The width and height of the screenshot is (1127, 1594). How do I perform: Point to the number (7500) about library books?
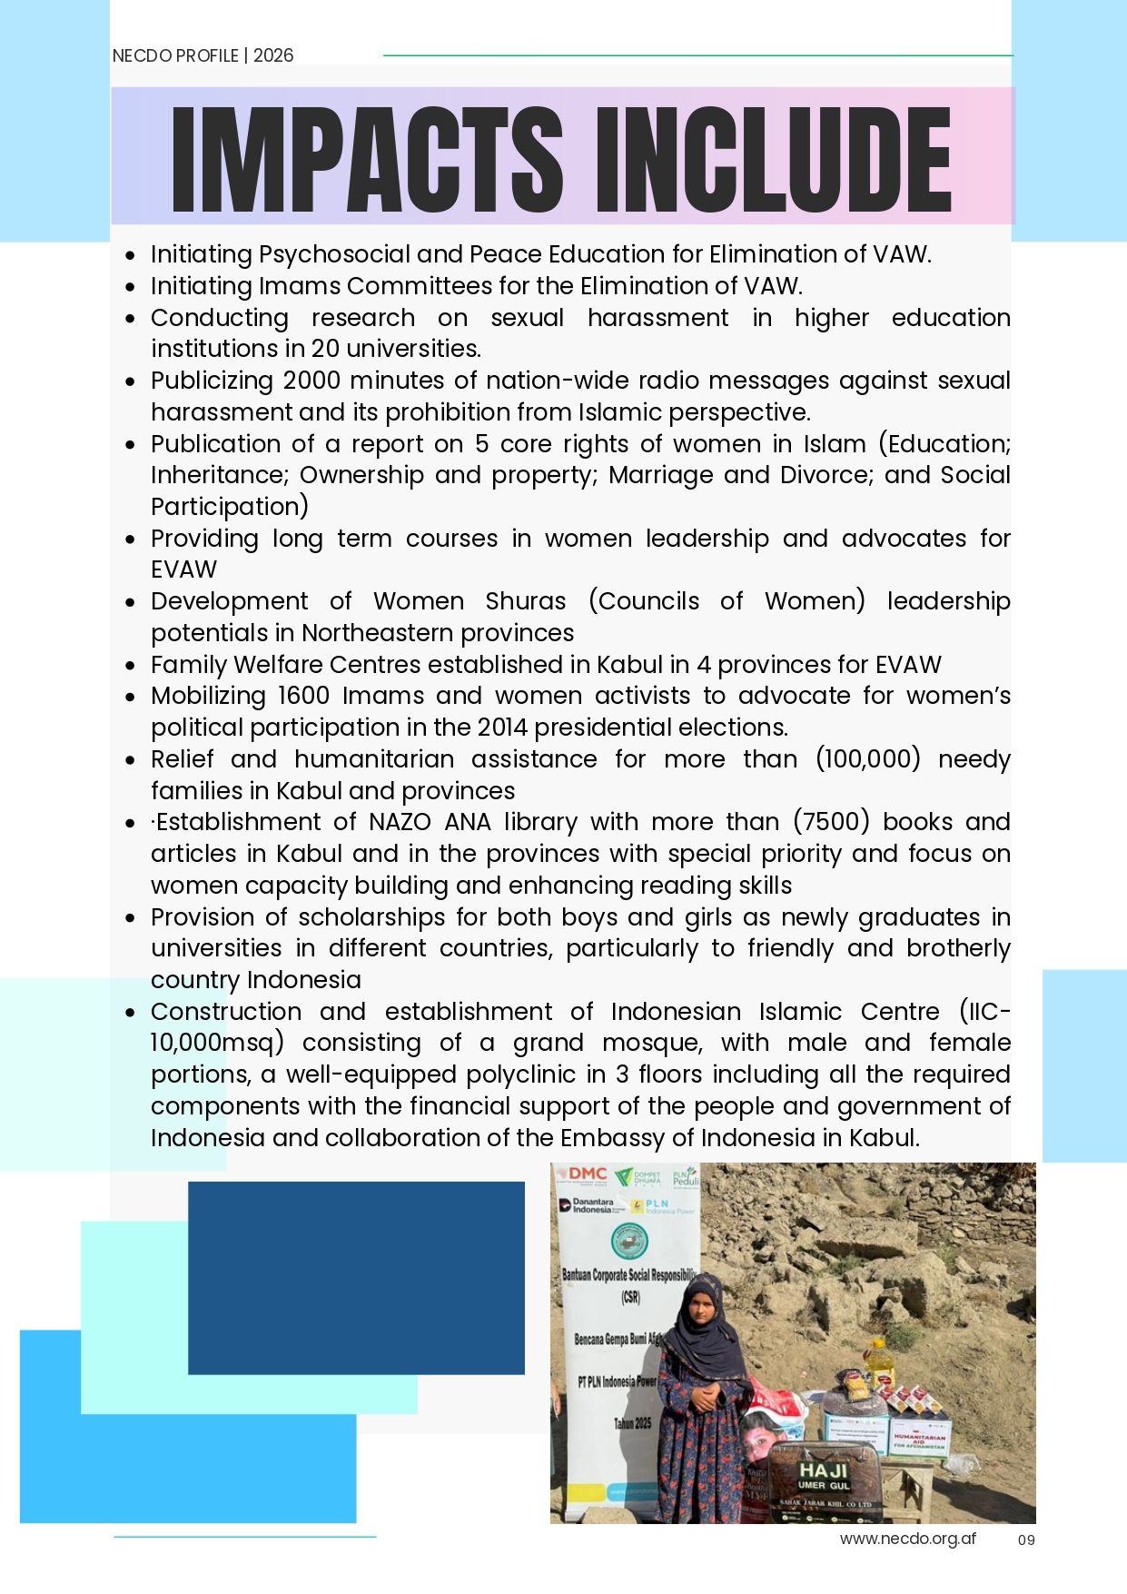point(831,822)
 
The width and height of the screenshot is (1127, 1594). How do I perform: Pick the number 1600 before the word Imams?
point(303,696)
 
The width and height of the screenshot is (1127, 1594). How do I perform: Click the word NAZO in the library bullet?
point(400,822)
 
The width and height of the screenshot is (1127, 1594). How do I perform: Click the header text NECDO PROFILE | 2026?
point(203,55)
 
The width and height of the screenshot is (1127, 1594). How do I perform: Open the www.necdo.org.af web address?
point(907,1539)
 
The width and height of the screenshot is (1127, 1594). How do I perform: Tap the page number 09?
point(1026,1540)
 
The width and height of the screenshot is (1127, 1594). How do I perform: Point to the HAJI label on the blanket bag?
point(823,1470)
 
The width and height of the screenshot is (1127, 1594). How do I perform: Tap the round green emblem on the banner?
point(629,1240)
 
